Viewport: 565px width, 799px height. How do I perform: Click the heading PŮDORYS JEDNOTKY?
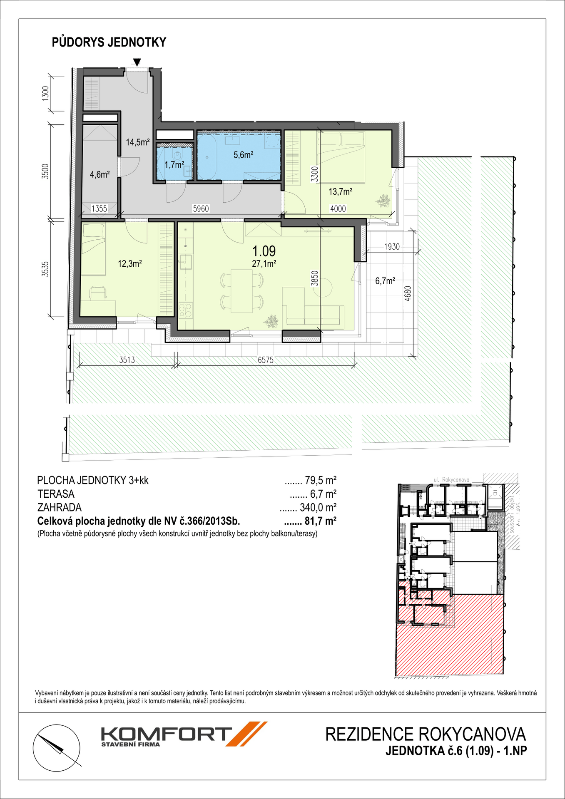point(109,42)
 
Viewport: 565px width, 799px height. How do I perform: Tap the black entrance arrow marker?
point(137,62)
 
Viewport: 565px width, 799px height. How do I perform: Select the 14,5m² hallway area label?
point(138,142)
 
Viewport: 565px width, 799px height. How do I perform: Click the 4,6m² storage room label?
point(100,175)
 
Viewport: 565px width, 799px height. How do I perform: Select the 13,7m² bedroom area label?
point(341,192)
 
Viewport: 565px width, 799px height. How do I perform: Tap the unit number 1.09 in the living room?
point(264,251)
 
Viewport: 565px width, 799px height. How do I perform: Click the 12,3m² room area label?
point(130,263)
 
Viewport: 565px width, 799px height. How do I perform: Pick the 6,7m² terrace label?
point(385,281)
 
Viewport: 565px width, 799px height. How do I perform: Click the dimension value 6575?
point(266,360)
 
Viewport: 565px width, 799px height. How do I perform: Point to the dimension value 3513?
point(127,360)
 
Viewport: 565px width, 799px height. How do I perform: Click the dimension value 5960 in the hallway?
point(201,209)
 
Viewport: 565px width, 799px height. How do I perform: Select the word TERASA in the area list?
point(56,494)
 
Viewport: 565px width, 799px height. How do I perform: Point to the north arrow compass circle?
point(57,747)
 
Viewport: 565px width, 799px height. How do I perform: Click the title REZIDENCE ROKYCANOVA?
point(426,734)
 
